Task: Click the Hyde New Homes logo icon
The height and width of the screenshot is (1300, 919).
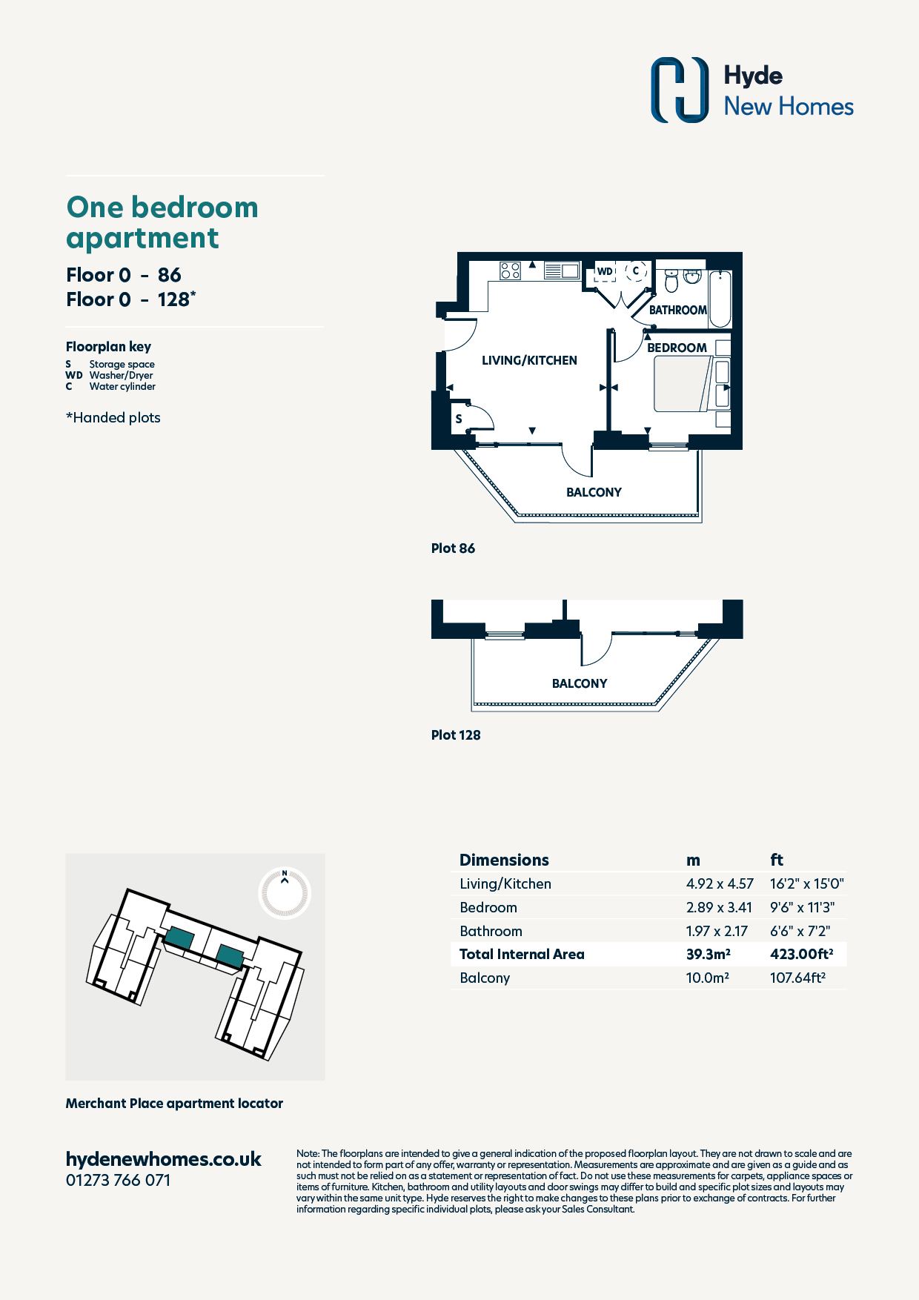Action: pyautogui.click(x=680, y=90)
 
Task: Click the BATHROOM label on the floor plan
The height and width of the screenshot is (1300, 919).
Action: pyautogui.click(x=677, y=310)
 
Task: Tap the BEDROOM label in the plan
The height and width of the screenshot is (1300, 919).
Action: pyautogui.click(x=677, y=348)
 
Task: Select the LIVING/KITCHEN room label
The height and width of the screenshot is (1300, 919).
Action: pyautogui.click(x=529, y=360)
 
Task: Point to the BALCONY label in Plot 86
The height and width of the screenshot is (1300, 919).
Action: pyautogui.click(x=594, y=492)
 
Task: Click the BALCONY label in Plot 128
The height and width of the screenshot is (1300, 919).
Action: pyautogui.click(x=580, y=683)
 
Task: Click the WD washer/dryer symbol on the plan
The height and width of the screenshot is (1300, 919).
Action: pyautogui.click(x=606, y=273)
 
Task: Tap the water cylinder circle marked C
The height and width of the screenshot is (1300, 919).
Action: pyautogui.click(x=636, y=271)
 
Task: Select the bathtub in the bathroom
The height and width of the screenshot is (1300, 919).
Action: pyautogui.click(x=720, y=299)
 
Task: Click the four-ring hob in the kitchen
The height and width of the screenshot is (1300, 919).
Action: pyautogui.click(x=510, y=271)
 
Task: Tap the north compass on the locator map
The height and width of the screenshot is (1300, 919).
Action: pyautogui.click(x=285, y=893)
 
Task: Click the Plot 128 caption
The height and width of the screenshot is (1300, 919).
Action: pyautogui.click(x=456, y=735)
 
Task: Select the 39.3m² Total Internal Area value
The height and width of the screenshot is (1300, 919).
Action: pyautogui.click(x=708, y=954)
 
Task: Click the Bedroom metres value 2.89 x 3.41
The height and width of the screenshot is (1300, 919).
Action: pyautogui.click(x=719, y=907)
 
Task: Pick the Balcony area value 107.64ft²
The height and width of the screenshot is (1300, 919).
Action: pyautogui.click(x=797, y=978)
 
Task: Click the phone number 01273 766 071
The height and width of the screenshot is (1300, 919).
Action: pyautogui.click(x=119, y=1180)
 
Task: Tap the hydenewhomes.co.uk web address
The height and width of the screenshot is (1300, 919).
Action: pyautogui.click(x=164, y=1159)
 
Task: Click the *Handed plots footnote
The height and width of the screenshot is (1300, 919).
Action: pyautogui.click(x=113, y=417)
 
